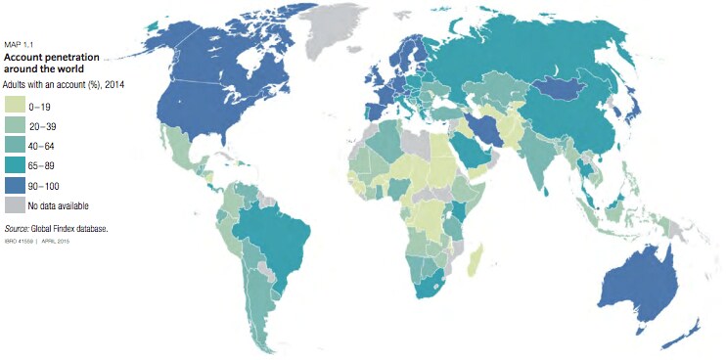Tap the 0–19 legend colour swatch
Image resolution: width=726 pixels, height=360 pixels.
15,101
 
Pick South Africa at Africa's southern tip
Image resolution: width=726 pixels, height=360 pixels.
430,286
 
